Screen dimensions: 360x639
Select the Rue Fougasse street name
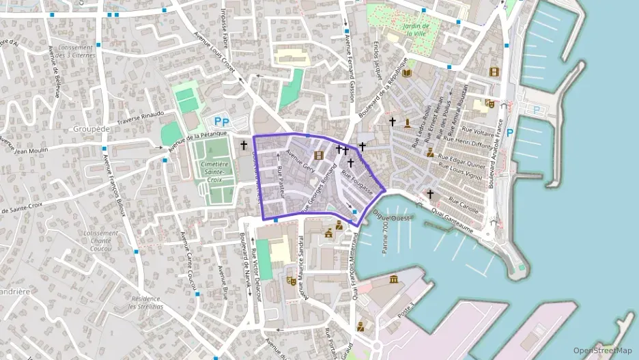[x=356, y=182]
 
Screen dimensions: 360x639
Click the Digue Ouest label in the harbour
[x=391, y=216]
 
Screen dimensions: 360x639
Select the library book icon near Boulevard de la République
[x=407, y=73]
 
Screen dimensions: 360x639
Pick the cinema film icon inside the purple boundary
[x=318, y=156]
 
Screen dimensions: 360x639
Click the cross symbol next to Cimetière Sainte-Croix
[x=244, y=145]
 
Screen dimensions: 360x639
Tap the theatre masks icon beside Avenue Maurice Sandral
[x=292, y=280]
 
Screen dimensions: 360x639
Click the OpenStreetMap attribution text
[x=603, y=350]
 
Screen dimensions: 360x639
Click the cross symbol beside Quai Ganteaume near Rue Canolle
[x=430, y=194]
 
